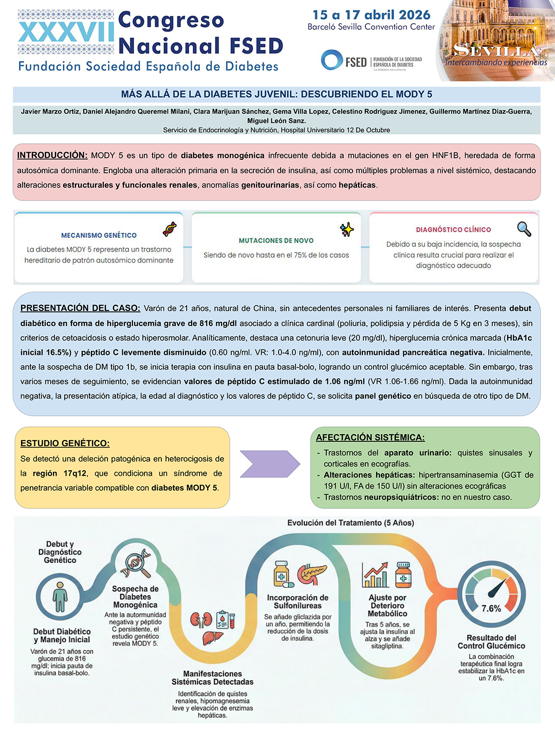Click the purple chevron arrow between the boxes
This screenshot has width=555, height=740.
[270, 464]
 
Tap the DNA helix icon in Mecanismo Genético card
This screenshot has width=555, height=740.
[170, 229]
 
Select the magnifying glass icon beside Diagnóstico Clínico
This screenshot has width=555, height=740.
[524, 229]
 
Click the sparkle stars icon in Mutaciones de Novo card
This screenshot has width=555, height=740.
[347, 230]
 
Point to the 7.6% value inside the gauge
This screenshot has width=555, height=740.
[491, 608]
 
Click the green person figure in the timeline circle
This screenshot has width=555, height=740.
[60, 597]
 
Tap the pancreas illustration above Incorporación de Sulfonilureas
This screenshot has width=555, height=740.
[312, 573]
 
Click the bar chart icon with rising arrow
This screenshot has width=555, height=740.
[375, 575]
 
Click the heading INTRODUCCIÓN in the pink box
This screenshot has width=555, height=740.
[52, 155]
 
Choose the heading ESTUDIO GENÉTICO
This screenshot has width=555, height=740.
[65, 443]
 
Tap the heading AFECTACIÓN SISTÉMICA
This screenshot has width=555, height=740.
[371, 437]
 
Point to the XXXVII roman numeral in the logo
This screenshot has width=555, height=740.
[66, 32]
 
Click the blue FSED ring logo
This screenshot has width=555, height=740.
[332, 60]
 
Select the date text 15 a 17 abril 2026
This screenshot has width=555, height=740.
[372, 15]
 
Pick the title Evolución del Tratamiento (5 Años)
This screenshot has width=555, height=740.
[350, 523]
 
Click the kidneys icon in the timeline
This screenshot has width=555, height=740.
[201, 619]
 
